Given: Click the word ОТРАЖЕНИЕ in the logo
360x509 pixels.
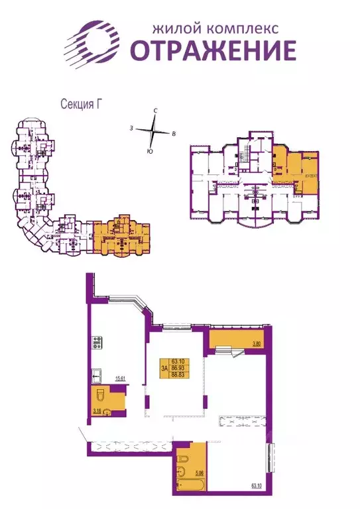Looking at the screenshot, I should [x=213, y=50].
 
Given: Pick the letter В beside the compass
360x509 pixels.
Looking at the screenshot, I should [x=174, y=135].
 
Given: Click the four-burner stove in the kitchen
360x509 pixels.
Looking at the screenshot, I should [x=96, y=345].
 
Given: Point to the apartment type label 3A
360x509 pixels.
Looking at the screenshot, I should [x=163, y=366].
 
